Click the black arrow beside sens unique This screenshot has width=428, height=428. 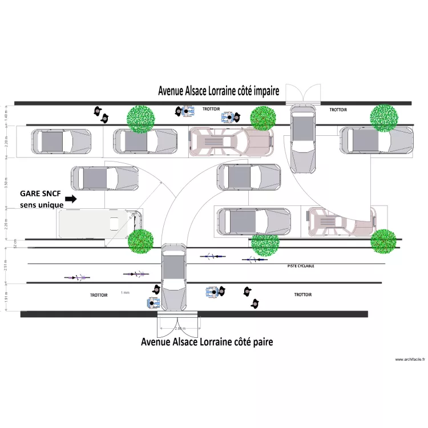tap(71, 199)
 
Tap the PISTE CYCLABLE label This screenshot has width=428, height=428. tap(300, 266)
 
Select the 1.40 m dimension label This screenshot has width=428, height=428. tap(6, 116)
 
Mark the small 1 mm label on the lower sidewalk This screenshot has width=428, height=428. tap(126, 292)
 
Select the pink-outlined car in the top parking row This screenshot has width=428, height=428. tap(231, 142)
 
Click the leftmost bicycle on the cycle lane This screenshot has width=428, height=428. tap(77, 277)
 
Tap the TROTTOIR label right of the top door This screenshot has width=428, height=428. tap(338, 110)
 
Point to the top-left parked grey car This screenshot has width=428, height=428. tap(61, 141)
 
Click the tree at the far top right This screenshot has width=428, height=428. tap(385, 118)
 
